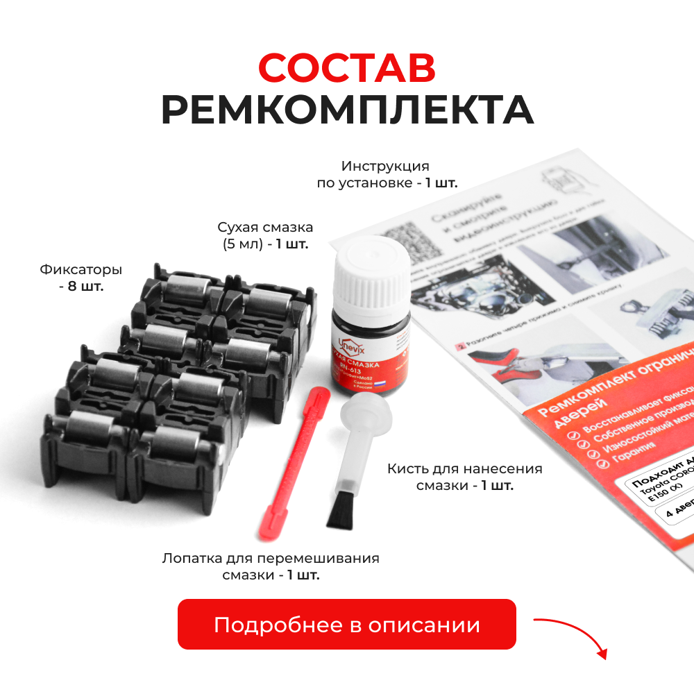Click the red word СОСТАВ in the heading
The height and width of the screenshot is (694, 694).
[347, 67]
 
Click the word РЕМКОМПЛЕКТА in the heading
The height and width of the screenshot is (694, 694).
[347, 110]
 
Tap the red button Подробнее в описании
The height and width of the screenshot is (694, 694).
[347, 624]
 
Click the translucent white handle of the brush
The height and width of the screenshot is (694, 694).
[358, 430]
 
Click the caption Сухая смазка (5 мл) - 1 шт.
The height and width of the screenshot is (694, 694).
[264, 235]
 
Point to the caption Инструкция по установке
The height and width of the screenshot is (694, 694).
[385, 174]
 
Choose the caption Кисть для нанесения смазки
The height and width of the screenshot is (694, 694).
[465, 477]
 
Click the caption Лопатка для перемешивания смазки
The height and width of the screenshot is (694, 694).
[271, 566]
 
